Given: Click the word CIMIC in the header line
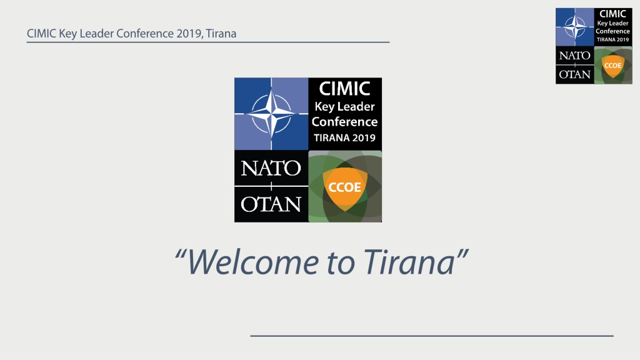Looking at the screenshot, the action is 42,34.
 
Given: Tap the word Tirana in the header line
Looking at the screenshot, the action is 221,34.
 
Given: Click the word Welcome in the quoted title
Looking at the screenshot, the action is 252,262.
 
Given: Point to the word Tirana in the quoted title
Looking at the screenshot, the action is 409,261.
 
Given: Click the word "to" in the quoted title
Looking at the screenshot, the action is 341,263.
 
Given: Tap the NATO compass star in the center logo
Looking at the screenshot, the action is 271,113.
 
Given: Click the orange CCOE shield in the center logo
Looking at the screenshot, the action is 345,187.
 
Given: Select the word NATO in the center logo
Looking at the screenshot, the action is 271,167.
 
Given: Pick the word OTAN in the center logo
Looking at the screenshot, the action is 271,204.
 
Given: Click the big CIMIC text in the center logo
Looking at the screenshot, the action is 345,89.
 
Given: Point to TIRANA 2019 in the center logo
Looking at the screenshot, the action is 345,138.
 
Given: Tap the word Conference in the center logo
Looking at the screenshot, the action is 345,122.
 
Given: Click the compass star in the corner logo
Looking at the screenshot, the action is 575,27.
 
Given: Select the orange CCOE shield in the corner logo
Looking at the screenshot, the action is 612,65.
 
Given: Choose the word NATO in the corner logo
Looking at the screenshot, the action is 575,56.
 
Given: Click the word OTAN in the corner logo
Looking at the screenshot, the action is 575,74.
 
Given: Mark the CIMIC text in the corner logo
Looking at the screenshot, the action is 612,14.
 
